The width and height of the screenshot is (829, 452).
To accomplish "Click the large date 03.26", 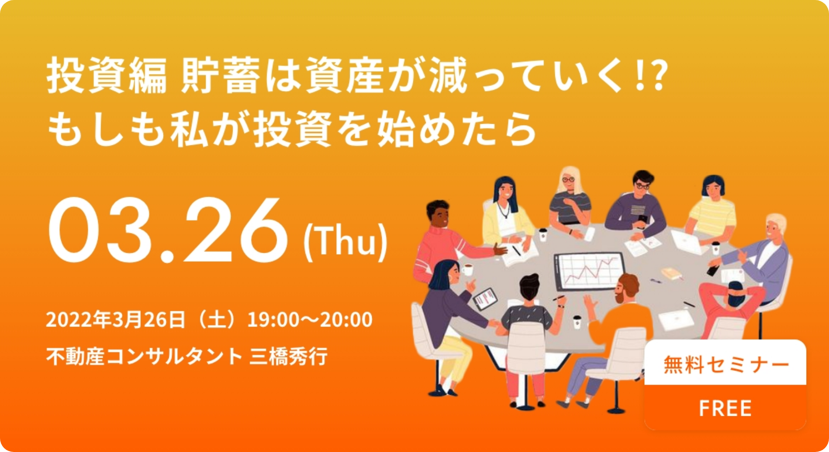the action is pos(168,229).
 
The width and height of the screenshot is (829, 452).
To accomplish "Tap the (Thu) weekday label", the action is pos(345,242).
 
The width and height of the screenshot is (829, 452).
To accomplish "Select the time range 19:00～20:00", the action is pos(310,320).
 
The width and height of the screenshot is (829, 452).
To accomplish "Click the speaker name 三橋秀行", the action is pos(288,356).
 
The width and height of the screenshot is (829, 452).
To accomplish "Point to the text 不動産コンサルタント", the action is pos(144,357).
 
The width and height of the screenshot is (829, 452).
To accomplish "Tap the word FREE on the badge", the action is pos(725,408).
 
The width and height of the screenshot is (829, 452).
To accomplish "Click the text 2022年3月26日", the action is pos(116,320).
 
